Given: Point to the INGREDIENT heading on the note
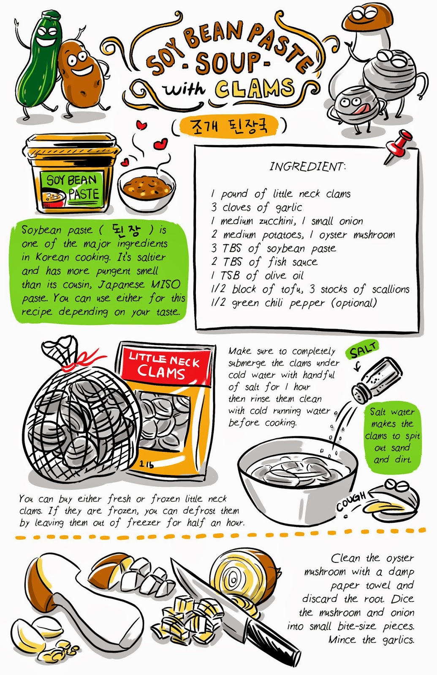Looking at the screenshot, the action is (x=307, y=166).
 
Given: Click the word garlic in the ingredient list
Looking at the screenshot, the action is (x=289, y=208).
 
